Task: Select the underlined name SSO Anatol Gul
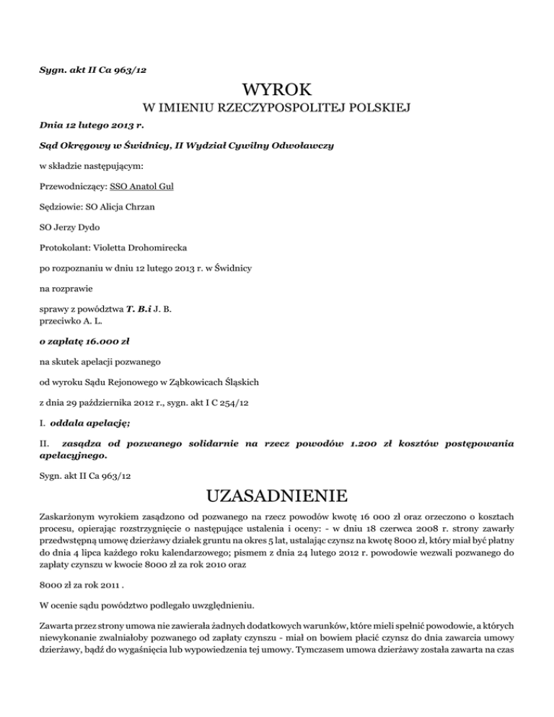pyautogui.click(x=141, y=185)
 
